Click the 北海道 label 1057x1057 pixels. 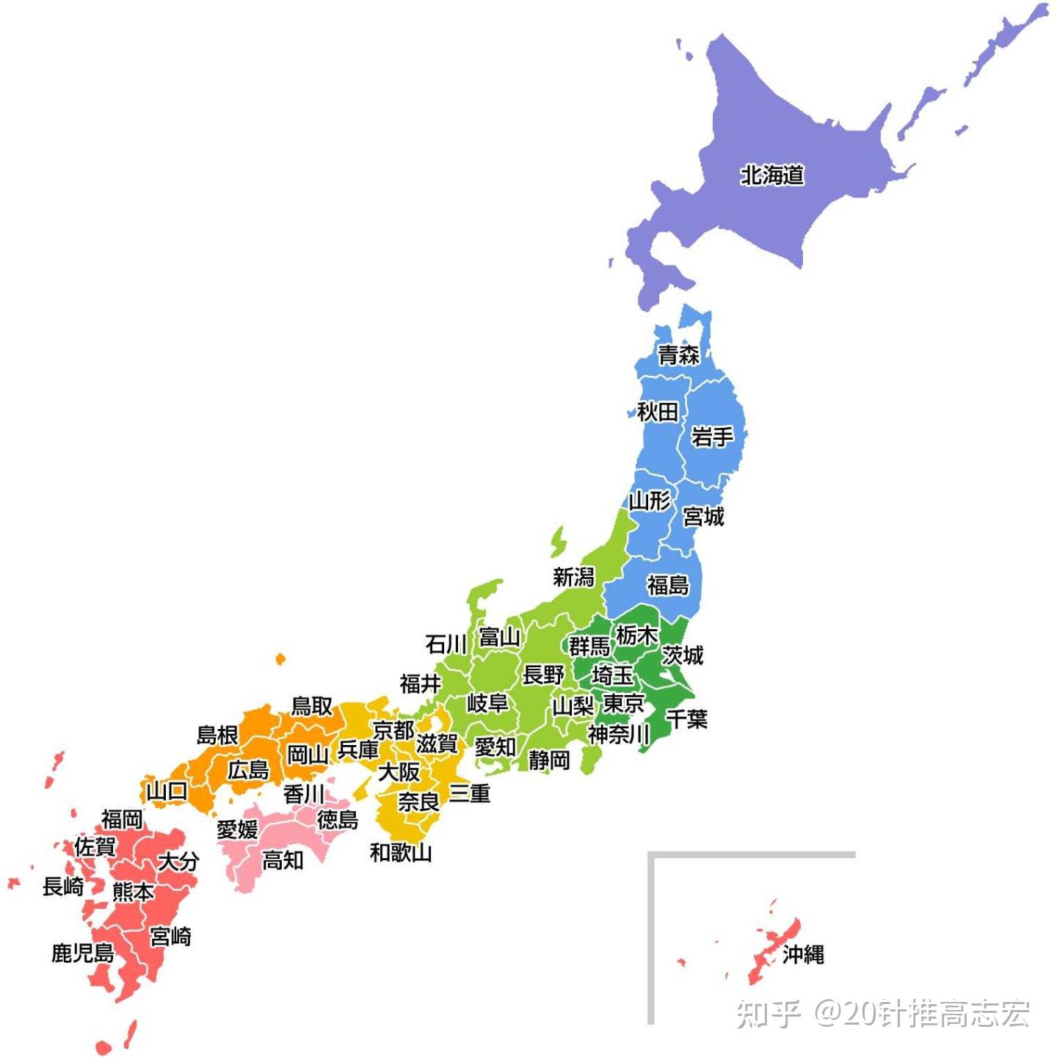click(772, 175)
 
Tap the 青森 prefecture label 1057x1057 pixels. click(678, 355)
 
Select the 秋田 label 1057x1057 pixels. click(657, 412)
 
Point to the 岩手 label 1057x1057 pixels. click(712, 437)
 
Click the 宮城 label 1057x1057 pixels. click(703, 517)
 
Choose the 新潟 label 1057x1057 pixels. click(573, 577)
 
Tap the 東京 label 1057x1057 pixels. click(623, 703)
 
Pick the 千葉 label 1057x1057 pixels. click(687, 719)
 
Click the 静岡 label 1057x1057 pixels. click(549, 760)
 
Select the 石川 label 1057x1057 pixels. click(446, 644)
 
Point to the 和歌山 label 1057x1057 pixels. click(401, 852)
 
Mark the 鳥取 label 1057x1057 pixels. click(312, 706)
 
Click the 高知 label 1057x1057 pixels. click(283, 860)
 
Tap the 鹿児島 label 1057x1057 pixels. click(83, 953)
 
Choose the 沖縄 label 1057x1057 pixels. click(803, 954)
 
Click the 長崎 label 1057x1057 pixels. click(63, 887)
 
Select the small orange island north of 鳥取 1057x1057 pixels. click(280, 659)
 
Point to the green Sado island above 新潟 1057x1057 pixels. click(559, 542)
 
